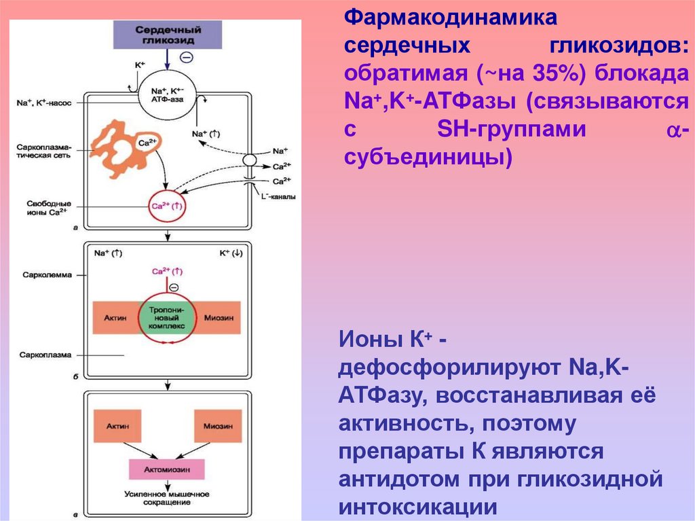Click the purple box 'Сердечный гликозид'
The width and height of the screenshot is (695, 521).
(168, 34)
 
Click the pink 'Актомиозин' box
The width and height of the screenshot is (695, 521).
(167, 469)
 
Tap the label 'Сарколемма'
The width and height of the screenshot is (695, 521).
(39, 275)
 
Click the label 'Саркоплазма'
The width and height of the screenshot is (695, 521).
(41, 355)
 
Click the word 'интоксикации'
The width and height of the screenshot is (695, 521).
(418, 507)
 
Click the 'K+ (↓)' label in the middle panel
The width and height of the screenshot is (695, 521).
(231, 253)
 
